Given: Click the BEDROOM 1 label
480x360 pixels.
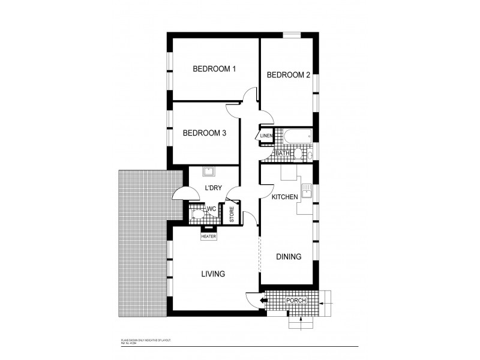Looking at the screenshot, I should point(214,69).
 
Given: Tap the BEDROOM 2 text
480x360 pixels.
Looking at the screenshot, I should point(288,75).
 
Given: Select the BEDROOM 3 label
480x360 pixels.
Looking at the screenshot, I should point(204,133).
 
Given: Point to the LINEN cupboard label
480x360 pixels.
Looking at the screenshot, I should point(266,136).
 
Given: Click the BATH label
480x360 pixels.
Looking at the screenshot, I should point(283,154).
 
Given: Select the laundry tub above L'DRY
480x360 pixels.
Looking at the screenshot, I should point(209,173).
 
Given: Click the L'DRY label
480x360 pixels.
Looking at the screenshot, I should point(214,188).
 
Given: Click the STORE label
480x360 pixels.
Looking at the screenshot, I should point(231,214).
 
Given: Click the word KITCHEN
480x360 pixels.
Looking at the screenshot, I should point(286,197).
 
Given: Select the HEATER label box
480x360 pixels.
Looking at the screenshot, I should point(208,236).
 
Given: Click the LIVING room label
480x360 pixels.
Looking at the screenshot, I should point(212,274).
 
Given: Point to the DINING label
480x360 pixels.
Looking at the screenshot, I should point(288,257).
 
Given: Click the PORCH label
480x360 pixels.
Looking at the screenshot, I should point(296,300).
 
